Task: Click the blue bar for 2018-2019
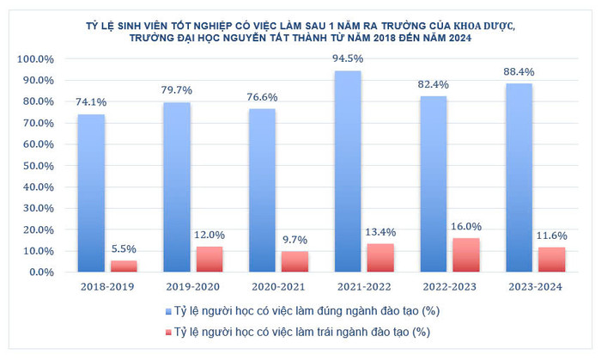pos(91,193)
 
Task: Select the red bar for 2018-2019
pos(124,266)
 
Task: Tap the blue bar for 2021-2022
pos(348,171)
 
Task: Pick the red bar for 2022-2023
pos(466,254)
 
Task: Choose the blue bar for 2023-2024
pos(519,177)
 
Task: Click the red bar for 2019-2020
pos(209,259)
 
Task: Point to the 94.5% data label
pos(348,59)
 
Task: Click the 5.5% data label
pos(124,249)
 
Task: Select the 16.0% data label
pos(466,227)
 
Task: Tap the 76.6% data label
pos(262,97)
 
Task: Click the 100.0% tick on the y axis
pos(35,59)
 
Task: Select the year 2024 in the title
pos(458,39)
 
